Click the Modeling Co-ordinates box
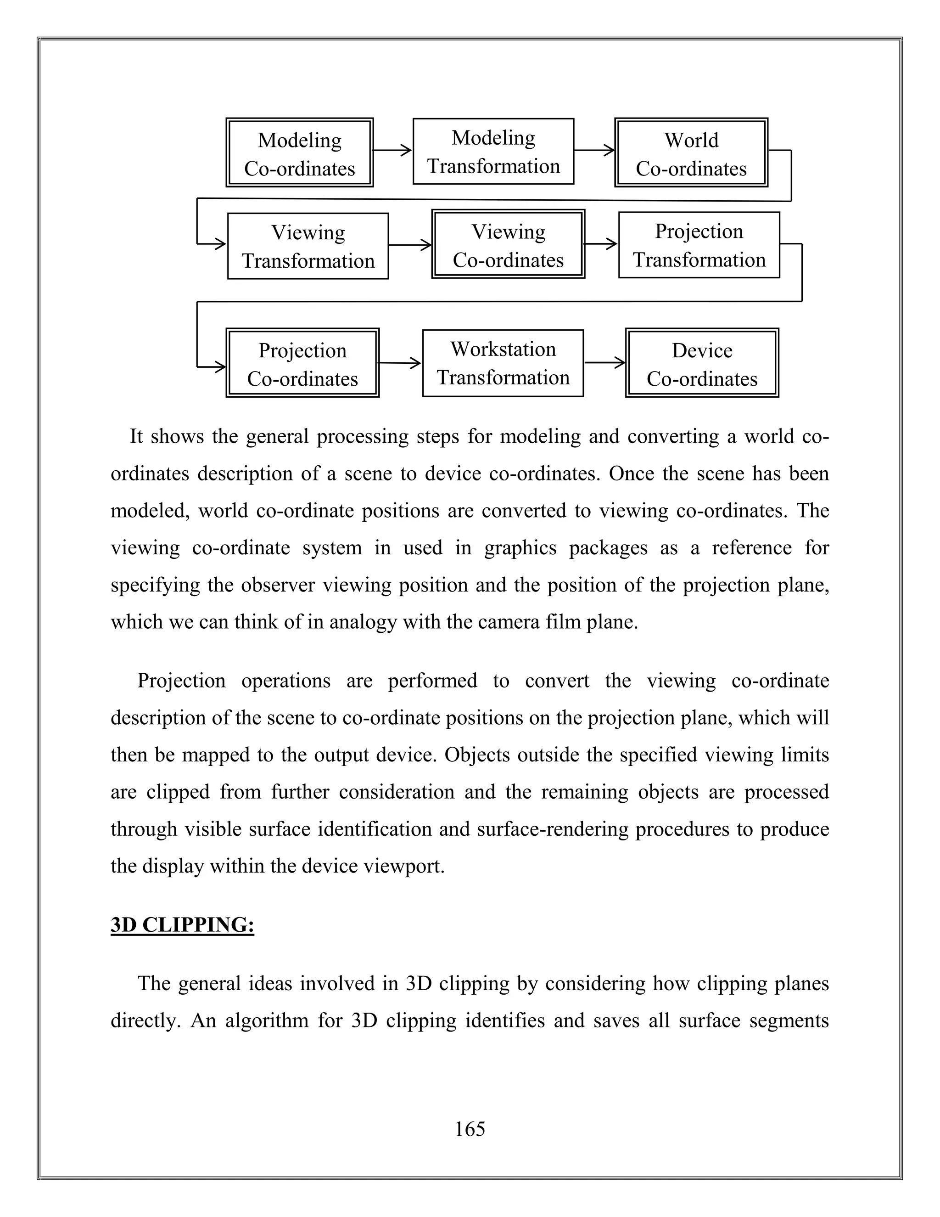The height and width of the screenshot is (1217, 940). pos(300,152)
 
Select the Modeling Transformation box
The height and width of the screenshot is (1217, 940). pos(493,152)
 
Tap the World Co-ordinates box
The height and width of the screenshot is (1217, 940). pos(691,152)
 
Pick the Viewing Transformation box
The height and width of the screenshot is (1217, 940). pos(308,246)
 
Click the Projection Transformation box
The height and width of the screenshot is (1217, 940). pos(699,245)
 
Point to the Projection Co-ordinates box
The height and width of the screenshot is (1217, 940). pos(302,363)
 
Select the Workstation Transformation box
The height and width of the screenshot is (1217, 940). pos(503,363)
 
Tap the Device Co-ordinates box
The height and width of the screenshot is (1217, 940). pos(702,363)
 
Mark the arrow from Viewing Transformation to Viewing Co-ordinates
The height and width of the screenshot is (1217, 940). pos(410,245)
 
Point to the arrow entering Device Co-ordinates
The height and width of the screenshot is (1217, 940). pos(605,363)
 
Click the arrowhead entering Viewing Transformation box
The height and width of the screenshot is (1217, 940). pos(219,243)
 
